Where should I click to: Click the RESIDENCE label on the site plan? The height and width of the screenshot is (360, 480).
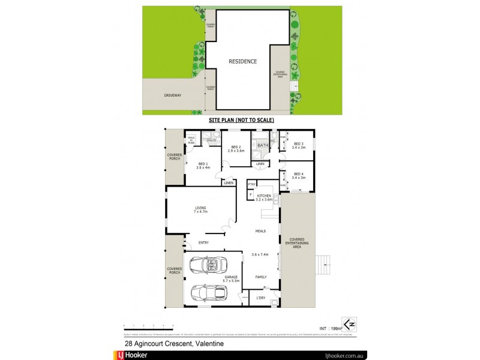[x=242, y=61]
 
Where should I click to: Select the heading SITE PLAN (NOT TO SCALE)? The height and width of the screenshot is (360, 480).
[x=241, y=120]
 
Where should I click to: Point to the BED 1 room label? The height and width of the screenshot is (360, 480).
[x=203, y=165]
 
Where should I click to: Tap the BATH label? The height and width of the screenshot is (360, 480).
[x=263, y=145]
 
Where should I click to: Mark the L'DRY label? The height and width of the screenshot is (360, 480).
[x=261, y=298]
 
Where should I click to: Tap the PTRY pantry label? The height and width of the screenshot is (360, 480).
[x=251, y=184]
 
